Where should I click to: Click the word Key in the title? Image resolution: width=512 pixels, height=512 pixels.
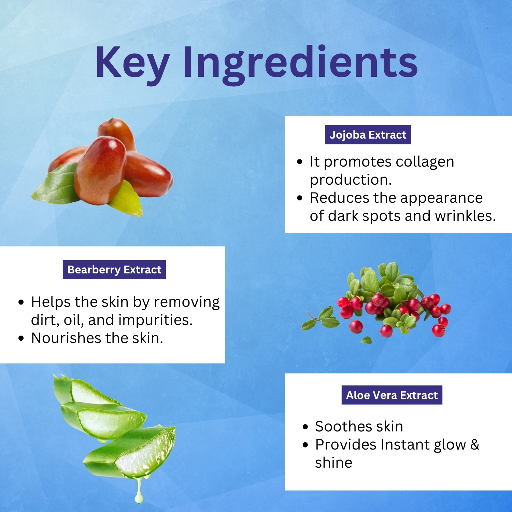[132, 62]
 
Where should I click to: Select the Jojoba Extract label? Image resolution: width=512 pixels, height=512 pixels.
[368, 135]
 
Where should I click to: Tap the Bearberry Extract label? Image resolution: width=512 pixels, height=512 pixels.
[114, 270]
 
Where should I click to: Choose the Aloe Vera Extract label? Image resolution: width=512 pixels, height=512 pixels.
[392, 395]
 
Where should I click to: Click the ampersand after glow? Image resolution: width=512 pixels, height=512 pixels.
[475, 444]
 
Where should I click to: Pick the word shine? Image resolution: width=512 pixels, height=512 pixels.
[333, 463]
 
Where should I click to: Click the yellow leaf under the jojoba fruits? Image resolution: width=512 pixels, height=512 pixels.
[127, 200]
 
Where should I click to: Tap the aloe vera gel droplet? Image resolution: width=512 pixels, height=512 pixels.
[139, 493]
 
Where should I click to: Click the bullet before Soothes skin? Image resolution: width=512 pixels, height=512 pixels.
[305, 427]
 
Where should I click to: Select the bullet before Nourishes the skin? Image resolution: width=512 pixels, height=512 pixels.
[21, 338]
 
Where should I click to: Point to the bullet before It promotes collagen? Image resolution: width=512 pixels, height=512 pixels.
[300, 162]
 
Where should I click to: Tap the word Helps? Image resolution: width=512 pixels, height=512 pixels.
[51, 302]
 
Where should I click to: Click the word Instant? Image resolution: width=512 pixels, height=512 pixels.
[405, 444]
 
